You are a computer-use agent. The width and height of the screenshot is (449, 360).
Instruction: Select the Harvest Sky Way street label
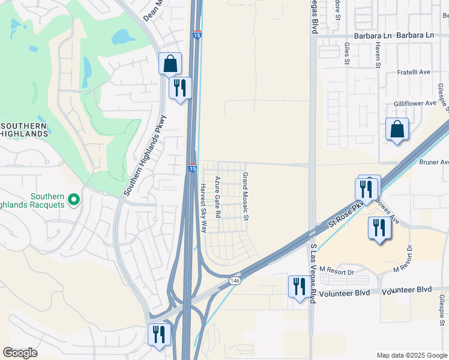point(203,208)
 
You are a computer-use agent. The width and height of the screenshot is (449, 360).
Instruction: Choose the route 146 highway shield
point(235,280)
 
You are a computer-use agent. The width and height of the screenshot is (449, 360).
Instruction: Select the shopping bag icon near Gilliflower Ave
point(397,129)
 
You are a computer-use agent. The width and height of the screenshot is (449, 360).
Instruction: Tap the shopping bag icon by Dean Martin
point(170,63)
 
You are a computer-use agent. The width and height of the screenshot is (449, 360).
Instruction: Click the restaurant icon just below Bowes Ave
point(379,228)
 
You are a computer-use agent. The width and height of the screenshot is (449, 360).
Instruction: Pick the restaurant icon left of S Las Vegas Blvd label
point(297,286)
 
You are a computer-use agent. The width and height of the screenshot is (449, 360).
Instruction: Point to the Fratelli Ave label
point(414,72)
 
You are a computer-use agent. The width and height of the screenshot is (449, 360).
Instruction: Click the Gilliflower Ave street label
point(415,103)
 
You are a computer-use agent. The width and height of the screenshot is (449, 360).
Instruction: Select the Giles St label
point(347,53)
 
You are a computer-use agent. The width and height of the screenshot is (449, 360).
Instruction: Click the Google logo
point(20,353)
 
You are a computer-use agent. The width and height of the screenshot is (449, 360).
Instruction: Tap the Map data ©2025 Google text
point(412,355)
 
